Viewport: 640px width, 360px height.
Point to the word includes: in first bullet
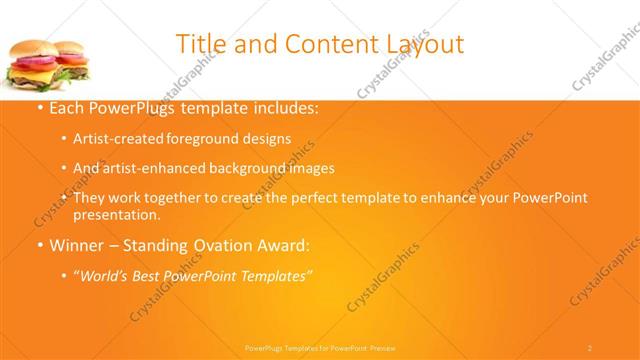[285, 108]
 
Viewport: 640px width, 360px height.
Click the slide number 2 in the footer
[590, 347]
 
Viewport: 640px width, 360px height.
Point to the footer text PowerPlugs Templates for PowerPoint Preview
[320, 347]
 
